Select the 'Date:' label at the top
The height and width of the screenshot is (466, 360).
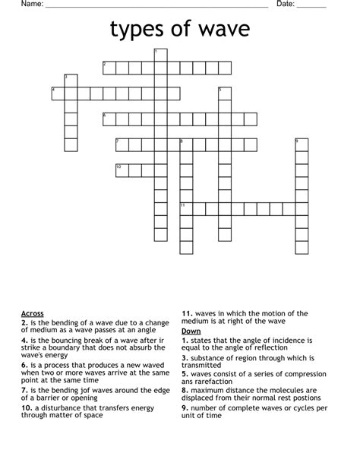click(286, 5)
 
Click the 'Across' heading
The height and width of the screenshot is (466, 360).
click(33, 313)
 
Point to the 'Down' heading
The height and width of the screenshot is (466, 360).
click(191, 332)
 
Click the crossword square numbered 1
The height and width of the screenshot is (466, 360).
click(160, 55)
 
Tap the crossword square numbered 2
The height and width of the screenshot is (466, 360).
click(109, 68)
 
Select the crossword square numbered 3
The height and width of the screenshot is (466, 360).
click(71, 81)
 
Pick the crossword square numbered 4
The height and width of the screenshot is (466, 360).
click(58, 94)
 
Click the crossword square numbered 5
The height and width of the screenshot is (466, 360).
click(225, 94)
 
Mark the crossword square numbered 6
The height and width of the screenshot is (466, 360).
click(109, 119)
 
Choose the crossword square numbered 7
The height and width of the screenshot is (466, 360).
click(122, 144)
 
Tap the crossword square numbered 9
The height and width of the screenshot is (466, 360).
click(302, 144)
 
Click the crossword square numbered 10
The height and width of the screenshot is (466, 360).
click(122, 170)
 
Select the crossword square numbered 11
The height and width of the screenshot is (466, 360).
click(186, 208)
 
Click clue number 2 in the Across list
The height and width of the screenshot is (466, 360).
click(24, 322)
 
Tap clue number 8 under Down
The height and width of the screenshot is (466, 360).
click(185, 390)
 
